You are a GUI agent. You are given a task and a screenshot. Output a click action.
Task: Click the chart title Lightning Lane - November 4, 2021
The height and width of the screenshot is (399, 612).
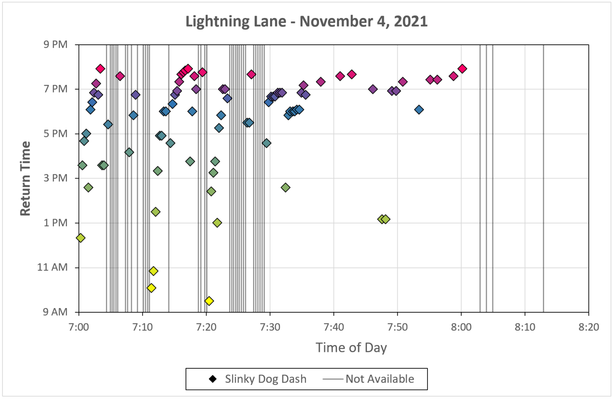[306, 21]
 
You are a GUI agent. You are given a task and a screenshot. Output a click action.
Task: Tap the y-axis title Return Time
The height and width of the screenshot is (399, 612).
[25, 178]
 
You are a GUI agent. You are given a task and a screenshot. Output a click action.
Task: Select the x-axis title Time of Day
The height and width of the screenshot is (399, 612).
[351, 348]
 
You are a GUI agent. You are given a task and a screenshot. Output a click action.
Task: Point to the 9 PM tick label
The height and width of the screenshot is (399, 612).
[56, 44]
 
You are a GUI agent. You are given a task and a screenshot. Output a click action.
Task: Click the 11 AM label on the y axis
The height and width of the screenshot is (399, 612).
[53, 267]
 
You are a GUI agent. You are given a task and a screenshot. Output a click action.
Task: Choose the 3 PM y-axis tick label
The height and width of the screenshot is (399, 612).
[56, 178]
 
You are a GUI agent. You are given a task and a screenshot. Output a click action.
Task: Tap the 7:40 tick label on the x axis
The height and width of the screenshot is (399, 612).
[333, 327]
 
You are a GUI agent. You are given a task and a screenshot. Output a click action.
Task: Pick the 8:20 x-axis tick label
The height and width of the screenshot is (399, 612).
[588, 327]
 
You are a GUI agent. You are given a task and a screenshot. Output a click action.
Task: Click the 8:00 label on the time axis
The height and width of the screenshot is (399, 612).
[461, 327]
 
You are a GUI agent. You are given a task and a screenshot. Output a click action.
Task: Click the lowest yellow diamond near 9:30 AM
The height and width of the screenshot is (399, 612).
[209, 301]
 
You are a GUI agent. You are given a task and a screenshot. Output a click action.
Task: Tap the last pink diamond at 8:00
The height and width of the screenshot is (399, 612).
[462, 69]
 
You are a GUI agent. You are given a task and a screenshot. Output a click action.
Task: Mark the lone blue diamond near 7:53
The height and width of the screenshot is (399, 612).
[419, 109]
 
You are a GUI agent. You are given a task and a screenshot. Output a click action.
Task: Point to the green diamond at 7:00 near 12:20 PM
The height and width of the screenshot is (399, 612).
[80, 238]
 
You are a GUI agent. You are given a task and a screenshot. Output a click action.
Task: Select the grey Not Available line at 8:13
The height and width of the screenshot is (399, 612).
[543, 180]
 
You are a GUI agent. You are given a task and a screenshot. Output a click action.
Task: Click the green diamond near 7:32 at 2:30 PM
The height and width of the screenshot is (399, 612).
[285, 187]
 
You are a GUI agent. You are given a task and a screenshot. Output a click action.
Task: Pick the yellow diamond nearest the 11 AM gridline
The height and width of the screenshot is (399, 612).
[153, 271]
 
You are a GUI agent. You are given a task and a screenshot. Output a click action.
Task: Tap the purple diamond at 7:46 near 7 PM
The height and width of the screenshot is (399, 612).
[373, 89]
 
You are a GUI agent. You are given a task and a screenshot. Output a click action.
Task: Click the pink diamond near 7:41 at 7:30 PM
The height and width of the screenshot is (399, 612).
[340, 76]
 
